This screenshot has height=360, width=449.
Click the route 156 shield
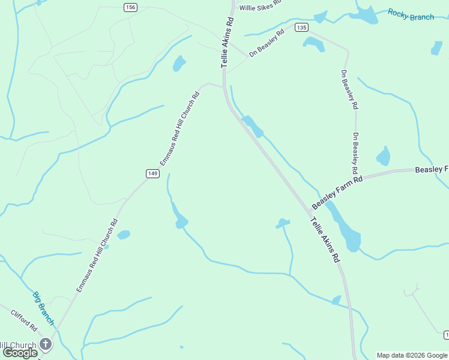tap(131, 7)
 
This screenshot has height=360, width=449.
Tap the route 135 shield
tap(301, 28)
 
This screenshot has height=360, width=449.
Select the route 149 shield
tap(152, 173)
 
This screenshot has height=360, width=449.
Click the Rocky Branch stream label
tap(411, 14)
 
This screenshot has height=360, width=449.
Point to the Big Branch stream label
tap(43, 308)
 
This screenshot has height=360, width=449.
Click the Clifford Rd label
tap(24, 321)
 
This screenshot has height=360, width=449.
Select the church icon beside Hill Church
tap(46, 344)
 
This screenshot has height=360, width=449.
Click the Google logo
tap(20, 353)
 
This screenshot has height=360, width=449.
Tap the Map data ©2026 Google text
tap(412, 355)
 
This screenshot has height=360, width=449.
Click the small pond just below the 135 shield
tap(313, 43)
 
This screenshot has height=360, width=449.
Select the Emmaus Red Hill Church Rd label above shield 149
tap(179, 128)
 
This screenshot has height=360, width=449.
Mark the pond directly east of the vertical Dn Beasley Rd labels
tap(383, 156)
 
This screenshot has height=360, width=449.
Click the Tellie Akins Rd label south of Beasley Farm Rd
tap(325, 240)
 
